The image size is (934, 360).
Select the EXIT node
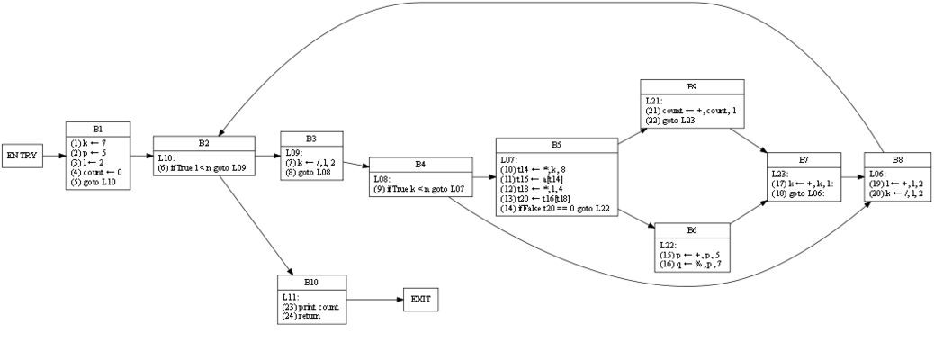pyautogui.click(x=420, y=298)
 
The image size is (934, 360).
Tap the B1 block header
pyautogui.click(x=98, y=129)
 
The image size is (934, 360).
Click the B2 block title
pyautogui.click(x=203, y=142)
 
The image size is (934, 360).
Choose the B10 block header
pyautogui.click(x=311, y=282)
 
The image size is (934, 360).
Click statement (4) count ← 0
pyautogui.click(x=96, y=171)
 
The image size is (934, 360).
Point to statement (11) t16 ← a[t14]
pyautogui.click(x=536, y=179)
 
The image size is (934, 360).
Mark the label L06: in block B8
pyautogui.click(x=879, y=171)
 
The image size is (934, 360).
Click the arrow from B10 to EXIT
pyautogui.click(x=374, y=298)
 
